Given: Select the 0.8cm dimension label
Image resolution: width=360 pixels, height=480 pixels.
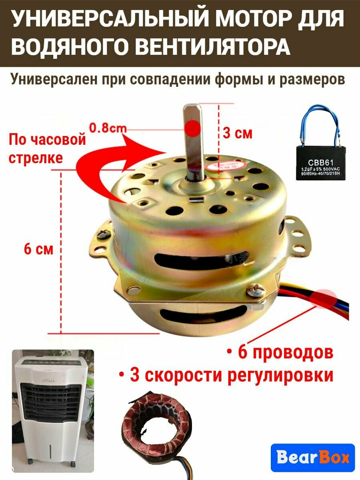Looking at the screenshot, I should pyautogui.click(x=107, y=128).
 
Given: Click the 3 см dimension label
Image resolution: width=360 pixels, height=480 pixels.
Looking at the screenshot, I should pyautogui.click(x=238, y=133).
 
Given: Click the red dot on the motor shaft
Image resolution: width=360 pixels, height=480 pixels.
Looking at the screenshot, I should pyautogui.click(x=193, y=128).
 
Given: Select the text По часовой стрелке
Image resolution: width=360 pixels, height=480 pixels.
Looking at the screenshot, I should pyautogui.click(x=47, y=148).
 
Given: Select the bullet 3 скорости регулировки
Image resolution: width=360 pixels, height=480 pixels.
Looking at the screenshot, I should pyautogui.click(x=226, y=376).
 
